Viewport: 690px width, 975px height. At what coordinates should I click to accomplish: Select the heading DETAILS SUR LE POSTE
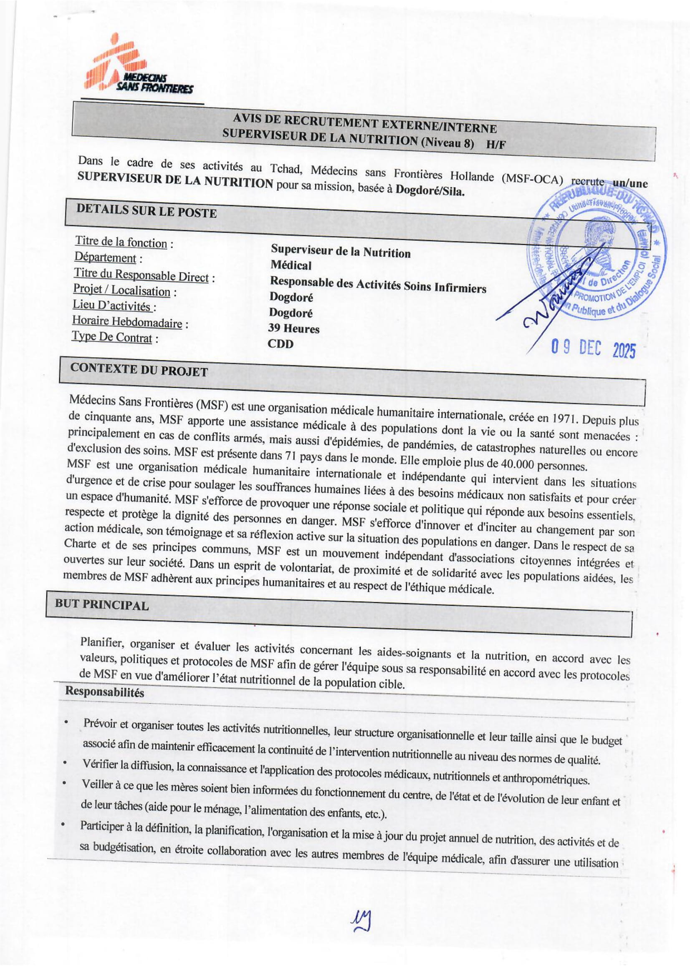[146, 211]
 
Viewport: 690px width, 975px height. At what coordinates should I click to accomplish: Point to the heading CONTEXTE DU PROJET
[139, 370]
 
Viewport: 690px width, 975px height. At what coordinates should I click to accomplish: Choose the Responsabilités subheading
[105, 692]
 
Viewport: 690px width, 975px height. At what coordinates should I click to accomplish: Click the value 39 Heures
[294, 328]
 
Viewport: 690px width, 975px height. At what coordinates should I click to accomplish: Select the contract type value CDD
[281, 343]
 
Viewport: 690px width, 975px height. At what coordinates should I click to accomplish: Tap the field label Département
[106, 258]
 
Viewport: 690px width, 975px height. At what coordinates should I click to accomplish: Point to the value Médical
[291, 266]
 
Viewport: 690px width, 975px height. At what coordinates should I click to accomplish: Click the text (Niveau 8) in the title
[447, 143]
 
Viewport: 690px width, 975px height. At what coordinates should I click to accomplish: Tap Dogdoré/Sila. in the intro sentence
[430, 190]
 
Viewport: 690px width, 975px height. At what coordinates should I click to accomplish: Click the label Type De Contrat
[112, 338]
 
